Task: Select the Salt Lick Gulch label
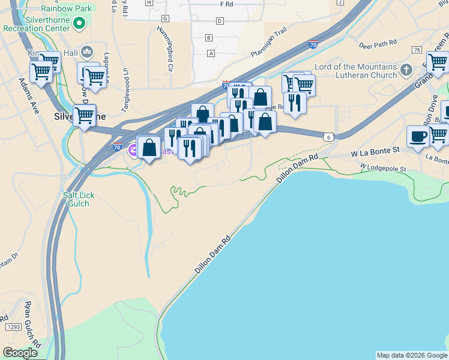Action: [78, 199]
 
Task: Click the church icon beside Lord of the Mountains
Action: [406, 70]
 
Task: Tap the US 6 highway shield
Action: [328, 137]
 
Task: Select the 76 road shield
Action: [417, 49]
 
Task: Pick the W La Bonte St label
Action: [375, 152]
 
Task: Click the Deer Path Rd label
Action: [378, 44]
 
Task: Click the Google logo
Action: [20, 352]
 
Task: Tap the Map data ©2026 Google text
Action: [412, 355]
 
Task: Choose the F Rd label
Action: [226, 4]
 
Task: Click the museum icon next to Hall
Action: [88, 52]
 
